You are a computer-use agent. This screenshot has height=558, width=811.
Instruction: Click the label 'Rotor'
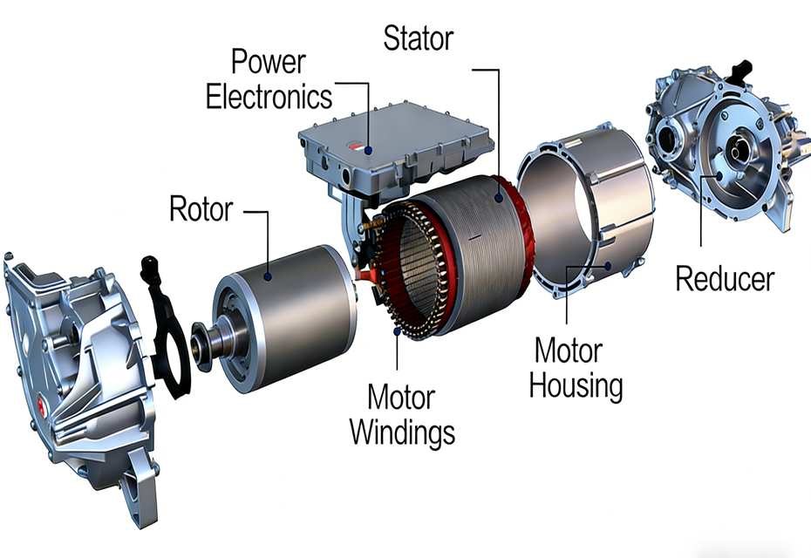pos(201,209)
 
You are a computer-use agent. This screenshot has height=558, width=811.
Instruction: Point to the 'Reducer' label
pos(725,278)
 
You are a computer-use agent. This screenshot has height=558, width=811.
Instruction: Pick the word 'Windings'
pos(402,431)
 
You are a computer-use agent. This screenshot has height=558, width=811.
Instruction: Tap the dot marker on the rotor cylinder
pos(269,276)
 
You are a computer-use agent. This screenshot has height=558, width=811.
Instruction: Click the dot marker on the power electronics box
pos(370,149)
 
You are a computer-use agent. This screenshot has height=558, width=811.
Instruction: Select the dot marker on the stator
pos(500,200)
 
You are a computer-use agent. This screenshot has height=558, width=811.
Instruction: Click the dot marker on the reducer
pos(718,174)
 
